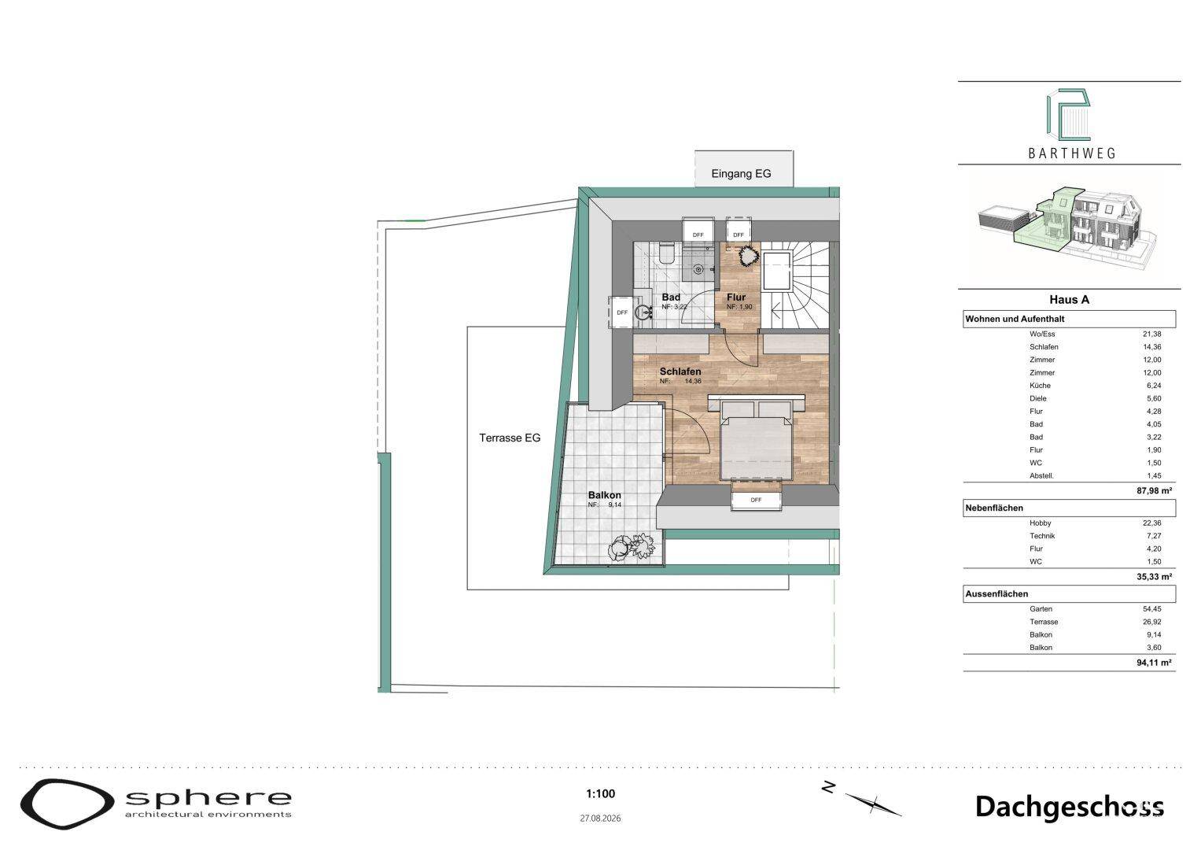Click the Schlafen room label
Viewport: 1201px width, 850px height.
point(680,371)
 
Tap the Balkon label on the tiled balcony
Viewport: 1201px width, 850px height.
point(604,495)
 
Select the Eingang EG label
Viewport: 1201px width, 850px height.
point(741,174)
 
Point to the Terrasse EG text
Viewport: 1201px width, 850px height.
point(510,438)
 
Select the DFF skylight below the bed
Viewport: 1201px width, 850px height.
point(756,500)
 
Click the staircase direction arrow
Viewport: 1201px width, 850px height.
point(775,307)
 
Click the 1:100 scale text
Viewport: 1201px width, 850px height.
point(601,793)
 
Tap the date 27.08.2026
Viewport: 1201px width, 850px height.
point(601,819)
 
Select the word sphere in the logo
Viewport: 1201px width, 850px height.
point(208,799)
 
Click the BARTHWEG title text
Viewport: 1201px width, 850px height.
point(1072,153)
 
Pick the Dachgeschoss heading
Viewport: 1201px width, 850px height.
point(1069,807)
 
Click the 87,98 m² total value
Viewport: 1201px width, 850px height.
point(1154,490)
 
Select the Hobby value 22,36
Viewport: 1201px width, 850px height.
point(1151,523)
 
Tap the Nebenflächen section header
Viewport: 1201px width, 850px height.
point(994,508)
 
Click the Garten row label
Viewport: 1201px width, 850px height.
point(1041,609)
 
